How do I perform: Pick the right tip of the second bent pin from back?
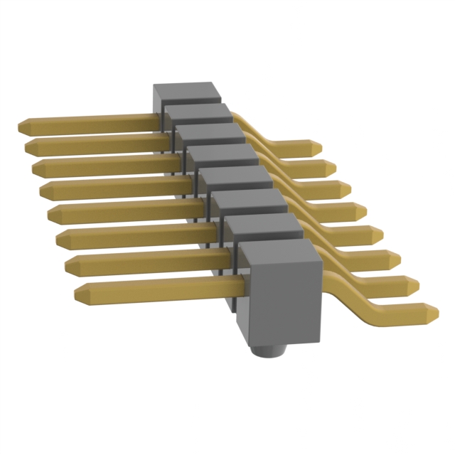[331, 168]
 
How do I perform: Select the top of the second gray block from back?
[198, 112]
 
